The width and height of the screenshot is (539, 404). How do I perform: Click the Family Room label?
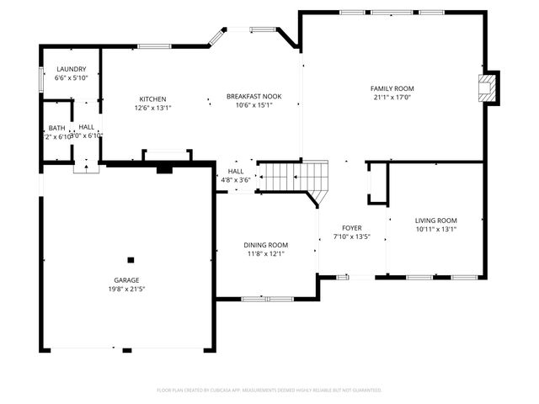pos(392,88)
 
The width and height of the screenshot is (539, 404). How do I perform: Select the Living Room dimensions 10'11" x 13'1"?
pos(435,229)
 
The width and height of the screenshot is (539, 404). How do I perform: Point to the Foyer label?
pos(351,228)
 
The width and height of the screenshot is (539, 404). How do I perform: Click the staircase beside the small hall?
pos(295,178)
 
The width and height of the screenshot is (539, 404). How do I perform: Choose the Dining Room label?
pos(267,244)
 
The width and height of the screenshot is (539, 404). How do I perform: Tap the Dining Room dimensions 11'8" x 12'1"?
pos(267,253)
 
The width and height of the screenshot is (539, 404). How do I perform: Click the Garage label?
pos(127,279)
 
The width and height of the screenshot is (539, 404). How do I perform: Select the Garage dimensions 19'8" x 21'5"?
pos(127,289)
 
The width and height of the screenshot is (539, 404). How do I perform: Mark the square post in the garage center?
pos(131,260)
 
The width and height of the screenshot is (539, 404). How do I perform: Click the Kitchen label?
pos(152,98)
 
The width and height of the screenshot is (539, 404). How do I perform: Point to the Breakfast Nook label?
pos(253,96)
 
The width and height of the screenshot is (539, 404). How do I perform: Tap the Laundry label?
pos(71,68)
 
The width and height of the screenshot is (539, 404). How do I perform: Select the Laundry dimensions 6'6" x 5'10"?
pos(71,77)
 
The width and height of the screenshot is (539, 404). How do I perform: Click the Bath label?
pos(56,128)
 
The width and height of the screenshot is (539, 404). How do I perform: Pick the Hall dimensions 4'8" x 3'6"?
pos(236,179)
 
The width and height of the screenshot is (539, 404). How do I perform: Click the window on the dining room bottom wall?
pos(267,299)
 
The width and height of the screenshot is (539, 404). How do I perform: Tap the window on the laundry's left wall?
pos(41,78)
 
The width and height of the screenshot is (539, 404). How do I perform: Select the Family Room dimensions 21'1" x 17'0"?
pos(392,97)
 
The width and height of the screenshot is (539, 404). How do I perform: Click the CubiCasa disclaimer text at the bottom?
pos(269,390)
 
